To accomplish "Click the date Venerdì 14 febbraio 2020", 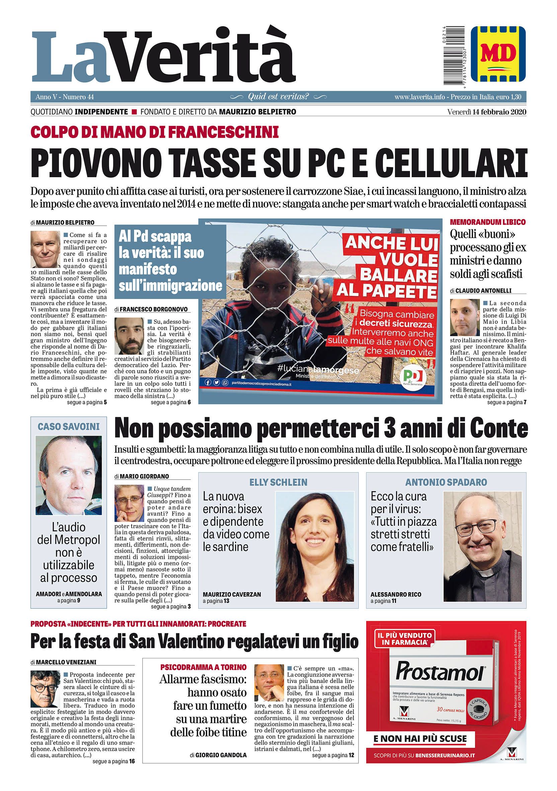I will click(x=487, y=112).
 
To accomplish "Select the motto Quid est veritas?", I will click(x=278, y=97).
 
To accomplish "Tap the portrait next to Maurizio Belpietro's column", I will click(x=45, y=249).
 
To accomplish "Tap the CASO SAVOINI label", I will click(x=69, y=427).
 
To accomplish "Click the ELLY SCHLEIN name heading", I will click(x=278, y=482).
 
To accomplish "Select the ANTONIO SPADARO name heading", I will click(x=446, y=482).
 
